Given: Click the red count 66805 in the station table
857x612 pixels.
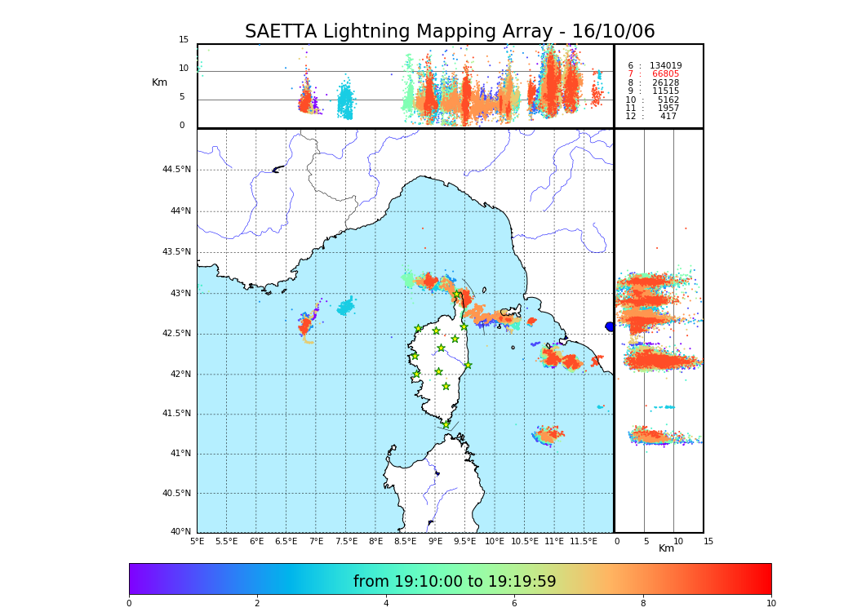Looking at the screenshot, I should (x=665, y=74).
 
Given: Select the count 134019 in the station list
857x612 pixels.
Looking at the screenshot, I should (x=665, y=66).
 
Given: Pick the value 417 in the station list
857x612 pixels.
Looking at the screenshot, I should (x=668, y=117).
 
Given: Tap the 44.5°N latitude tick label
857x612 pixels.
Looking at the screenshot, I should (x=176, y=170).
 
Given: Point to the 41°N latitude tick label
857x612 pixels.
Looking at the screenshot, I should (x=179, y=454).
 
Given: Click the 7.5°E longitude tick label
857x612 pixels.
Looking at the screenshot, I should (x=346, y=541).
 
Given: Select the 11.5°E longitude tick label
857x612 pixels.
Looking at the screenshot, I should (x=584, y=541).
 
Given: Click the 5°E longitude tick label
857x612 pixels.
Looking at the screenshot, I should (x=197, y=541).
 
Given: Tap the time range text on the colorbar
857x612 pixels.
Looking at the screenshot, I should (x=455, y=582).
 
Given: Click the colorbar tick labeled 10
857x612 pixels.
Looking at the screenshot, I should (x=770, y=603).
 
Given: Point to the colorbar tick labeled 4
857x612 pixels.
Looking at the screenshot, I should (x=386, y=603).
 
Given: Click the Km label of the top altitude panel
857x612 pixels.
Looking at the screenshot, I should (x=159, y=82).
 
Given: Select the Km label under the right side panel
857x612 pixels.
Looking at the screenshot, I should (x=667, y=548).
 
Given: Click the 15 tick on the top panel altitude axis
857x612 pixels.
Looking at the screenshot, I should (x=184, y=40).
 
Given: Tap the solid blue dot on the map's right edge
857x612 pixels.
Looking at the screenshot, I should (x=610, y=326).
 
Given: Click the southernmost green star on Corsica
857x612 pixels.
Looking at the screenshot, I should (x=446, y=424).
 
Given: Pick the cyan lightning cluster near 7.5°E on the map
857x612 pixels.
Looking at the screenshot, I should (x=346, y=307).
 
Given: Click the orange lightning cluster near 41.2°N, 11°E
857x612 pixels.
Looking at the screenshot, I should (x=548, y=434).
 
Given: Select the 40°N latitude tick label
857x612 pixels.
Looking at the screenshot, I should (x=180, y=532).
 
